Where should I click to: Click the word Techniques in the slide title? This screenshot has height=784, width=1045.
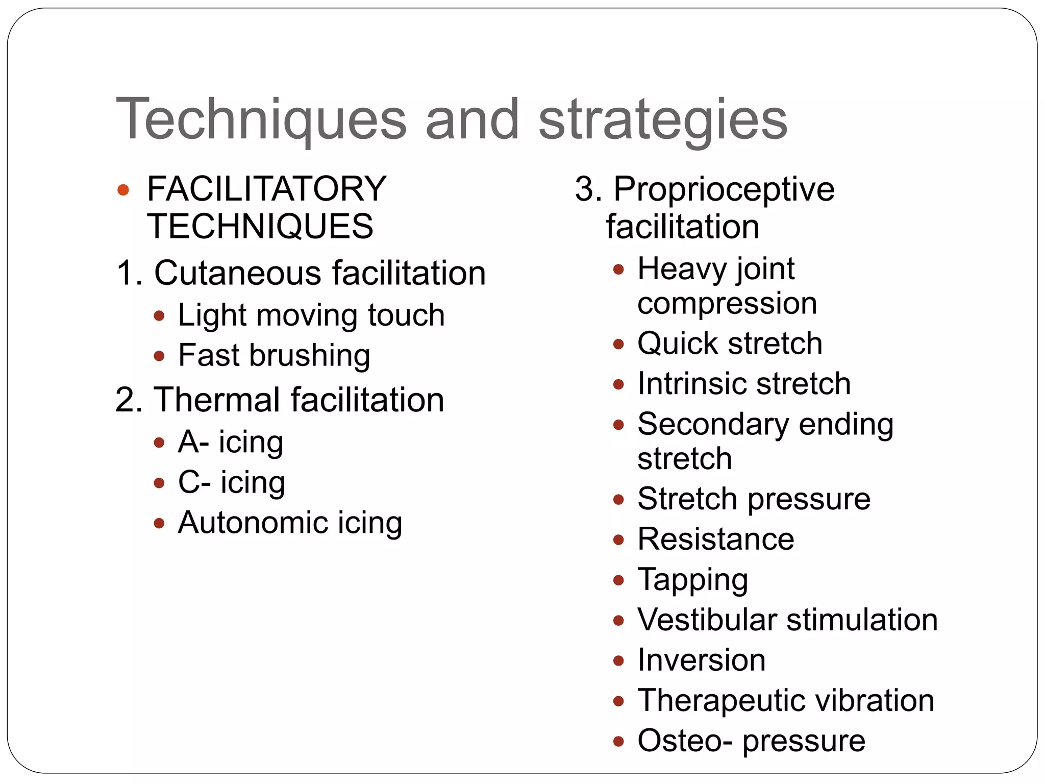pyautogui.click(x=261, y=119)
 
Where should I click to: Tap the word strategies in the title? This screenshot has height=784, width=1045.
pyautogui.click(x=663, y=120)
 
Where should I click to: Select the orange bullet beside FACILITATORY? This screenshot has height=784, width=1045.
pyautogui.click(x=123, y=190)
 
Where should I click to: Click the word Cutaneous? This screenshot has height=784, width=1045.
pyautogui.click(x=237, y=273)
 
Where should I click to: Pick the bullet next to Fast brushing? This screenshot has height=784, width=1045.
pyautogui.click(x=159, y=356)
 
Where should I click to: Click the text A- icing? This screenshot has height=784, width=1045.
pyautogui.click(x=230, y=442)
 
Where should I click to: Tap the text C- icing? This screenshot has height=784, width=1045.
pyautogui.click(x=231, y=482)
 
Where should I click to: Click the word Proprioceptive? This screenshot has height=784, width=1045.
pyautogui.click(x=724, y=190)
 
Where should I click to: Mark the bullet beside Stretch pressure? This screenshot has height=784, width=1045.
pyautogui.click(x=618, y=499)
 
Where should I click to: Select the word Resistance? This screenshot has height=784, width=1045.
pyautogui.click(x=716, y=539)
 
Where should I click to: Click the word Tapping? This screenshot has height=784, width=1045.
pyautogui.click(x=692, y=580)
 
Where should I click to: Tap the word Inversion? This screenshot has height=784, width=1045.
pyautogui.click(x=702, y=660)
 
